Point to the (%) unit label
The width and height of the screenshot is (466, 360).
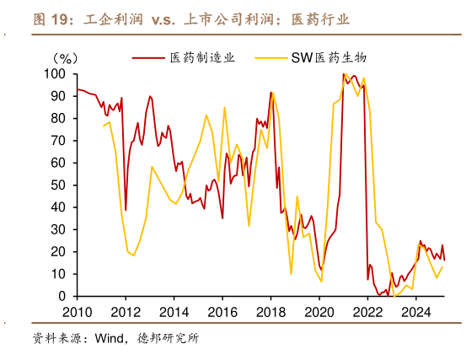coord(67,58)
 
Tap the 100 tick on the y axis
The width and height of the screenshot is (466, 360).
coord(55,74)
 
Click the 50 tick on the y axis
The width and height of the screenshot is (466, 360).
coord(58,185)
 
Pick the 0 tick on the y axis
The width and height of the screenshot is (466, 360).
coord(62,297)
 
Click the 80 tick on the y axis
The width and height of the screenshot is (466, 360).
coord(58,119)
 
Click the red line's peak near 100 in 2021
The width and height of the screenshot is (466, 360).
coord(344,74)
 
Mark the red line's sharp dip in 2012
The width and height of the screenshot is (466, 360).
coord(126,210)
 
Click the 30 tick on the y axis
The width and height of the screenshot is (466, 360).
coord(58,230)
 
